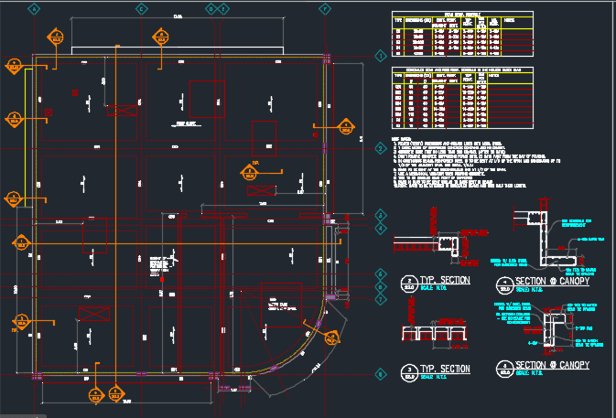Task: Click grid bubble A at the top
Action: coord(35,8)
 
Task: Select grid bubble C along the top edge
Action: coord(142,8)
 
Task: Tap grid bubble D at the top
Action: coord(211,8)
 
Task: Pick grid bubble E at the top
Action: coord(223,8)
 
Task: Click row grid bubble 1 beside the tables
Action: coord(381,56)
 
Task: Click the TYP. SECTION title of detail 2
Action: coord(446,278)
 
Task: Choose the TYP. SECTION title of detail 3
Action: coord(446,369)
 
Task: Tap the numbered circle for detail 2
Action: coord(409,282)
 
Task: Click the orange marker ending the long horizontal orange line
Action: coord(18,241)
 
